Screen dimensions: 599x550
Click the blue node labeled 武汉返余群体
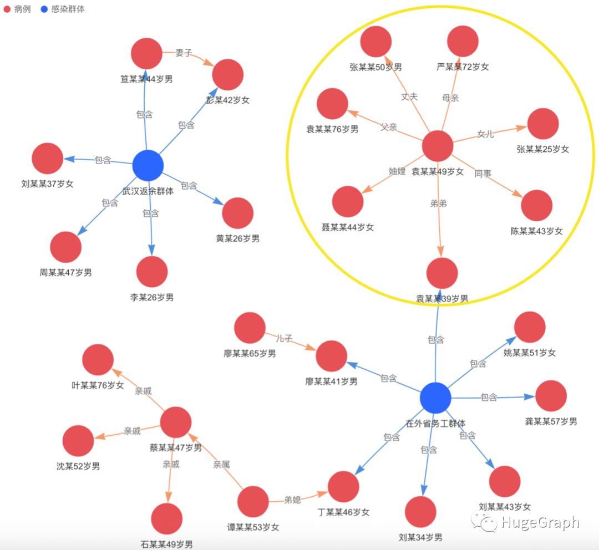pyautogui.click(x=148, y=165)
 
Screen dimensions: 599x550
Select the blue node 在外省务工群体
pyautogui.click(x=435, y=398)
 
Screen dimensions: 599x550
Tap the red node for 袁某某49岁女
pyautogui.click(x=438, y=146)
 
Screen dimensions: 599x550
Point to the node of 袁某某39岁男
pyautogui.click(x=442, y=273)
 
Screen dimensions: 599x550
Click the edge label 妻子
pyautogui.click(x=184, y=53)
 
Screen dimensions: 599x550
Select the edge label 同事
pyautogui.click(x=483, y=174)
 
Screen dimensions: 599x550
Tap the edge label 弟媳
pyautogui.click(x=292, y=500)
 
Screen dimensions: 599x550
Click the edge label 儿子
pyautogui.click(x=284, y=338)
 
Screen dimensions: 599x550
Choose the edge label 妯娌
pyautogui.click(x=397, y=171)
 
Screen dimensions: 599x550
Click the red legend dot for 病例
pyautogui.click(x=7, y=9)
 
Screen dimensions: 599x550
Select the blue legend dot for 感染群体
pyautogui.click(x=44, y=9)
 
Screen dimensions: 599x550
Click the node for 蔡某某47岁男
pyautogui.click(x=176, y=422)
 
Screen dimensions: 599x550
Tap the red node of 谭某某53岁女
pyautogui.click(x=253, y=501)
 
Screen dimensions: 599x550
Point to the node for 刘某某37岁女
pyautogui.click(x=47, y=159)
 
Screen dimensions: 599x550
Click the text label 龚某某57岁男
pyautogui.click(x=551, y=422)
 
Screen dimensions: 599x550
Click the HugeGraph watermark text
pyautogui.click(x=539, y=522)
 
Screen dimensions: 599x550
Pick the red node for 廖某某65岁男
pyautogui.click(x=250, y=328)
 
